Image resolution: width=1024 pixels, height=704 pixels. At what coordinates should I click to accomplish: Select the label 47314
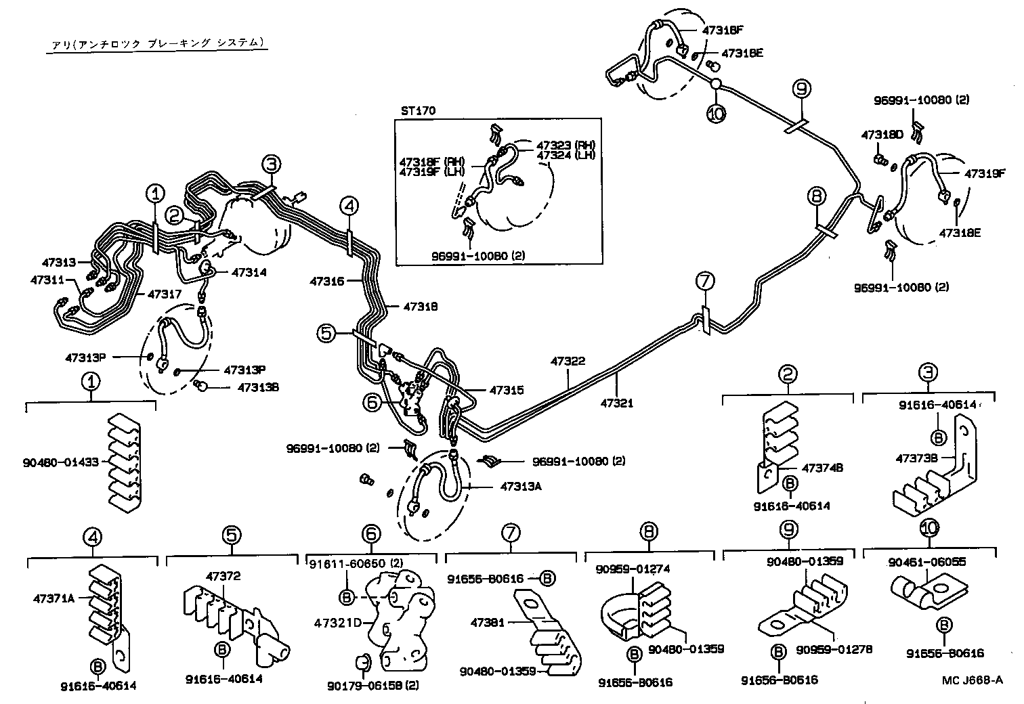click(249, 272)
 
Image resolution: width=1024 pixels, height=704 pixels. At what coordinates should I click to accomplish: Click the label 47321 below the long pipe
click(616, 403)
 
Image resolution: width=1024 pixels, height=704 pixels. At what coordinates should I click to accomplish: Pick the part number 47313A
click(521, 486)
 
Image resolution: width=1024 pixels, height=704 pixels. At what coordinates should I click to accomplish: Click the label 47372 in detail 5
click(223, 576)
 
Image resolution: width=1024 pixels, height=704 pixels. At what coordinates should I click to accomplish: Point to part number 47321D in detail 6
click(335, 622)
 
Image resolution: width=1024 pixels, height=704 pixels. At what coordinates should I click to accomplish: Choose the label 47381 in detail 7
click(487, 622)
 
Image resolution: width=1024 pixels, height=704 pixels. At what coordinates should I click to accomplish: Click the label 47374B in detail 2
click(822, 468)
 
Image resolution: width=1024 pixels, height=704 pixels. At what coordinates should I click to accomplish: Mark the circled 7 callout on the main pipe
click(704, 280)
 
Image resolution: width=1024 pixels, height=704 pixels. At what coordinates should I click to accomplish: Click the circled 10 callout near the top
click(715, 114)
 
